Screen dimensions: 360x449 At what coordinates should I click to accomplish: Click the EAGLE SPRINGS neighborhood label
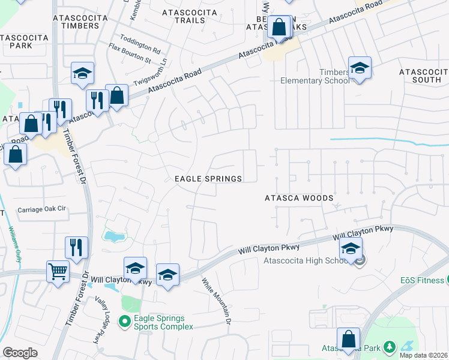(x=208, y=179)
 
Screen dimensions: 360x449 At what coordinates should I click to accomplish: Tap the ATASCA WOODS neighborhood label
(x=299, y=197)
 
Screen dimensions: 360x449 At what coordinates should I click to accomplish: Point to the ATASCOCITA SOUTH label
(x=423, y=76)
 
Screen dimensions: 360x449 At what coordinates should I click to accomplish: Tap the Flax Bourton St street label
(x=129, y=53)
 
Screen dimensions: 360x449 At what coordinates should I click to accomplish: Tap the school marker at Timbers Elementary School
(x=360, y=68)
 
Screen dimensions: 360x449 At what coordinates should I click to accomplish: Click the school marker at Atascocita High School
(x=351, y=248)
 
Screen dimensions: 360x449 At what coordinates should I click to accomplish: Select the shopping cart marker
(x=58, y=271)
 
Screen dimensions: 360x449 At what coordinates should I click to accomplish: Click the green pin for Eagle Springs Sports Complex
(x=124, y=322)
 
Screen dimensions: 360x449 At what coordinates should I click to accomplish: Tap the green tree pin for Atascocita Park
(x=389, y=347)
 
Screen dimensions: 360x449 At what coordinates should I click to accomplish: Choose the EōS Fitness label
(x=423, y=280)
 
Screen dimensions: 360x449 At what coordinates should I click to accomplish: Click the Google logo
(x=20, y=353)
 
